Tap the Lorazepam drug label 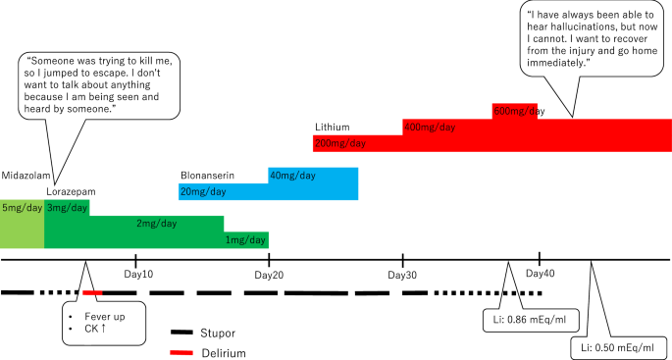(x=72, y=190)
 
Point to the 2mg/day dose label (x=156, y=224)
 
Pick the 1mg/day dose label (x=245, y=240)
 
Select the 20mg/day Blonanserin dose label (x=203, y=191)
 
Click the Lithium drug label (x=332, y=128)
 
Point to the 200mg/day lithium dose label (x=339, y=143)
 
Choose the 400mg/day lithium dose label (x=429, y=128)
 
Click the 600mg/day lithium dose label (x=518, y=111)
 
